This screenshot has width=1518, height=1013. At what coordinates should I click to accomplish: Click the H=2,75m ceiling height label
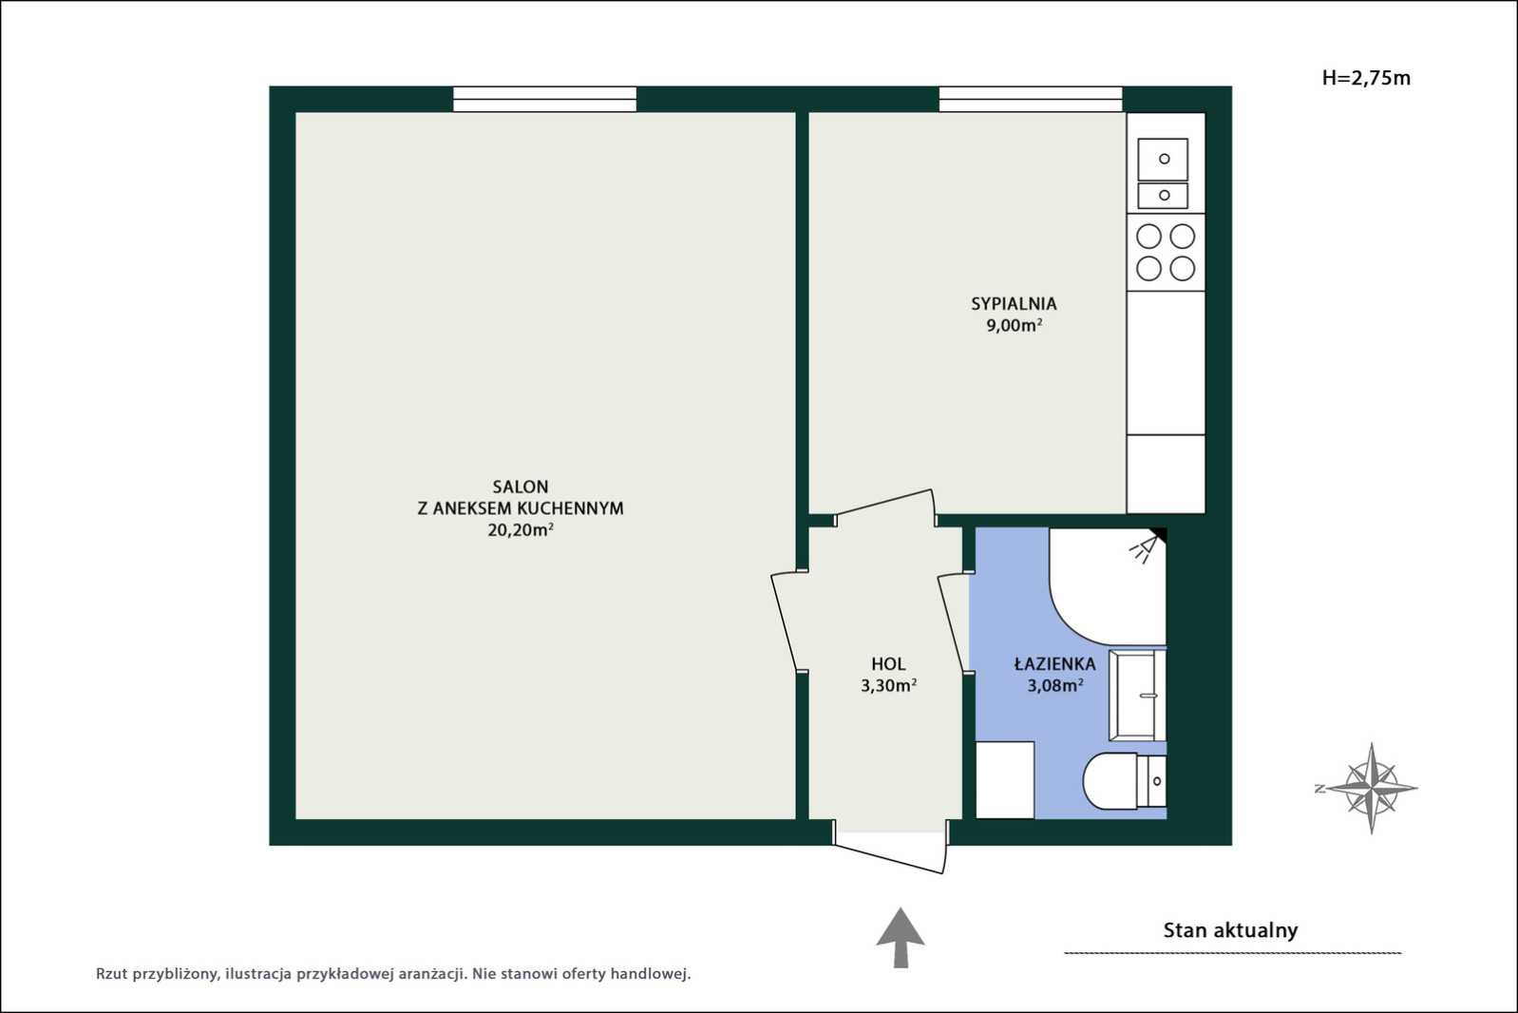tap(1366, 78)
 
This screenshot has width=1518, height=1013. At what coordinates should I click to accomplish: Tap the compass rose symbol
tap(1371, 788)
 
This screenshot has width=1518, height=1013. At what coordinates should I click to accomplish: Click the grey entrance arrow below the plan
tap(900, 938)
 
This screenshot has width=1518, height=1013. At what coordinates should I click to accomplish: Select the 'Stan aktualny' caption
tap(1231, 930)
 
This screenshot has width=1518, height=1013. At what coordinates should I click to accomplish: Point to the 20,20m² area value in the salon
tap(521, 529)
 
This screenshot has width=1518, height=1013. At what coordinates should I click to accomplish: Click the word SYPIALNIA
tap(1014, 304)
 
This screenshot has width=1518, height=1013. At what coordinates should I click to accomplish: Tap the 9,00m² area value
tap(1014, 325)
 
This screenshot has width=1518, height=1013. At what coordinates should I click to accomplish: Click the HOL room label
tap(888, 664)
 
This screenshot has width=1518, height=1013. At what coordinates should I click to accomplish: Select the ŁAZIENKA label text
tap(1055, 664)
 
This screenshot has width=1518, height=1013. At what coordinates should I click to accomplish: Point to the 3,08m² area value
tap(1055, 685)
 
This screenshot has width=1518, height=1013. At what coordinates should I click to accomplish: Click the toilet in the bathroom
tap(1125, 781)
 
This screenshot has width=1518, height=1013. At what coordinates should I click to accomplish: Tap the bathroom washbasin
tap(1138, 695)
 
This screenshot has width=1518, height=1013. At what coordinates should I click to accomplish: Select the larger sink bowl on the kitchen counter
tap(1163, 160)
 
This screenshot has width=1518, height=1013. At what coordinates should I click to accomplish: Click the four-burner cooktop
tap(1166, 253)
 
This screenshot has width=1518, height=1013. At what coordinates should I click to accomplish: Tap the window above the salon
tap(545, 99)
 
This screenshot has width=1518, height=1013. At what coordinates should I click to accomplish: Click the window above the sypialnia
tap(1031, 99)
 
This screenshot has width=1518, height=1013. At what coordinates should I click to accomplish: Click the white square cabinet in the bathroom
tap(1005, 780)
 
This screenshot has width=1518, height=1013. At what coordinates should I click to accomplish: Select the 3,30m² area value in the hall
tap(888, 685)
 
